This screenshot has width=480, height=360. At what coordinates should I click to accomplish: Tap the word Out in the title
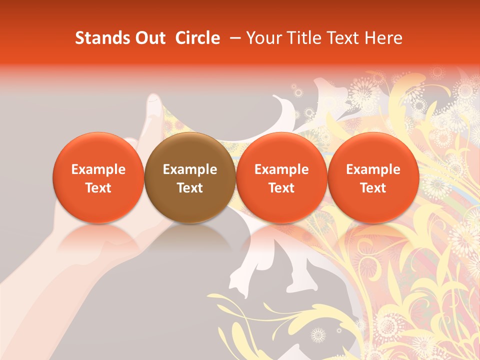coord(149,38)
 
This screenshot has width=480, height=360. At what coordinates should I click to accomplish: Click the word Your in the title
coord(263,38)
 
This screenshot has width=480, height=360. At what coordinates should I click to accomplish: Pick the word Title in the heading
coord(302,38)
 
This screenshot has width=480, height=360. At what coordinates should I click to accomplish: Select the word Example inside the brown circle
coord(190,169)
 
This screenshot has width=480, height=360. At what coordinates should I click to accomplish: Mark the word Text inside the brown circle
coord(190,188)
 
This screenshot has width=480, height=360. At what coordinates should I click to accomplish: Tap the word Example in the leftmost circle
coord(98,169)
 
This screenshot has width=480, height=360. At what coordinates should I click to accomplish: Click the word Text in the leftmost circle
coord(98,188)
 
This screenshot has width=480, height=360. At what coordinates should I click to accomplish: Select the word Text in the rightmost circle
coord(373,188)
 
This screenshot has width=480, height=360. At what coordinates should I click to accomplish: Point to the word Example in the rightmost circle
coord(373,169)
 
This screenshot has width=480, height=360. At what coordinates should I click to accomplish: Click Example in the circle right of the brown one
coord(281,169)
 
